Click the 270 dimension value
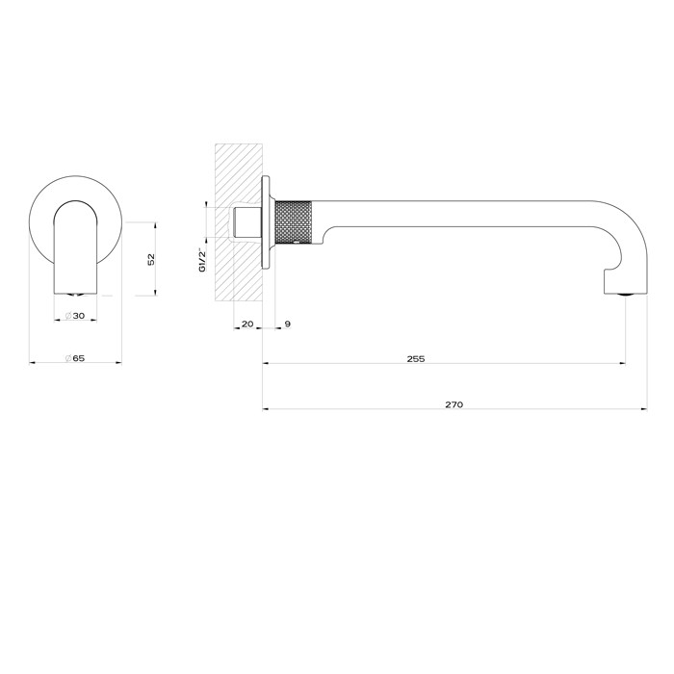[454, 404]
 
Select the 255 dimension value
[415, 358]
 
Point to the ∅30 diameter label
[76, 316]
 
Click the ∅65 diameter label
[76, 358]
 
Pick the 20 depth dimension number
[246, 324]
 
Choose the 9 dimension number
[287, 324]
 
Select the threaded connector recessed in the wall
[246, 223]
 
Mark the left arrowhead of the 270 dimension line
[267, 407]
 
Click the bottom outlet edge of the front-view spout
[77, 290]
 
